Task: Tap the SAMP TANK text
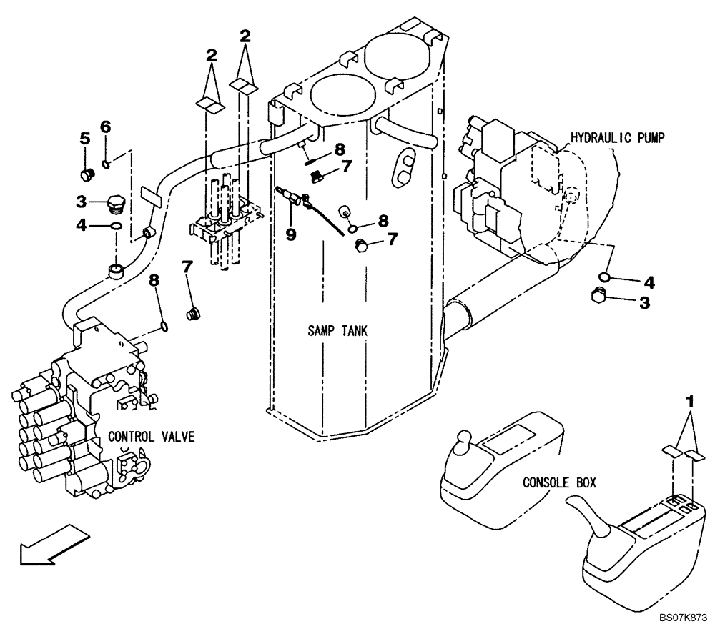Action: (x=337, y=331)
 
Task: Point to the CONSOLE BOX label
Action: (x=559, y=482)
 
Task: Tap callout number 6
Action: (x=105, y=127)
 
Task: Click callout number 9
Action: (x=291, y=234)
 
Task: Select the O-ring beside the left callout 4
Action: (x=116, y=227)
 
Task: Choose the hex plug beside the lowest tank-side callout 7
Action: (x=361, y=245)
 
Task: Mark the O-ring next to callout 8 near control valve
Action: (x=165, y=327)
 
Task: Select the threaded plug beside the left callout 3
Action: (x=116, y=205)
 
